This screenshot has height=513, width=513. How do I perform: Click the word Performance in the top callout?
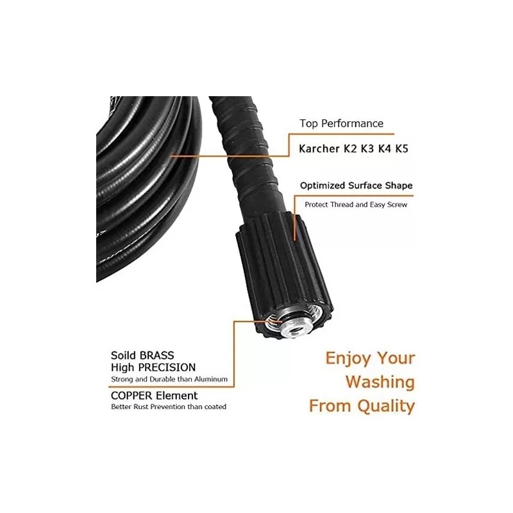coord(352,123)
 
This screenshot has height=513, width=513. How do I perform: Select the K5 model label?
coord(402,149)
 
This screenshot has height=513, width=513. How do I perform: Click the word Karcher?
coord(319,149)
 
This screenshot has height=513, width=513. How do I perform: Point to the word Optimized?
coord(323,186)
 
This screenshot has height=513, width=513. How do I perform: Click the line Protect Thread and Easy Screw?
coord(356,205)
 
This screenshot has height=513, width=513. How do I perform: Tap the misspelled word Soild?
coord(124,355)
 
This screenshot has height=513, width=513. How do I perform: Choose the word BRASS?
coord(156,355)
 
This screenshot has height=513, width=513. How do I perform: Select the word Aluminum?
coord(211,380)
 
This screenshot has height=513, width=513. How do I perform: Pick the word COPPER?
coord(131,396)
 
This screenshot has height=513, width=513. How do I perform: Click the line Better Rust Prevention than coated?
coord(169,407)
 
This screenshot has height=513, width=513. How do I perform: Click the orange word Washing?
coord(380,382)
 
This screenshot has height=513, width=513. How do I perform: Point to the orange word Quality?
coord(386,407)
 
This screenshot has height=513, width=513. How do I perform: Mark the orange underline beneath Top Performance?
coord(342,134)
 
